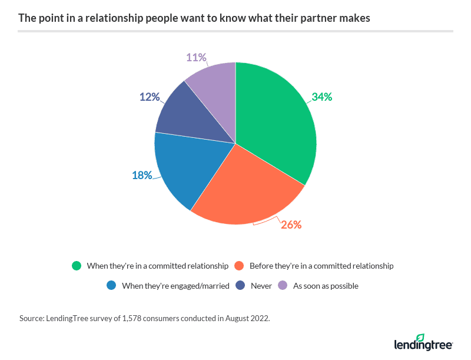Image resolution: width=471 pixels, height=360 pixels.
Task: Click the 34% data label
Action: click(322, 97)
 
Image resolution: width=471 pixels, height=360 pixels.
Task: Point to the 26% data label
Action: click(291, 224)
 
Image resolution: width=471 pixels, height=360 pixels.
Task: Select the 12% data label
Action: click(150, 96)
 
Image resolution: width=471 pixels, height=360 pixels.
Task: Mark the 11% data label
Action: click(197, 57)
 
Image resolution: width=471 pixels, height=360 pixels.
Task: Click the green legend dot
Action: click(76, 266)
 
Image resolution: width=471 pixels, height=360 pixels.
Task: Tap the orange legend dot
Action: click(239, 266)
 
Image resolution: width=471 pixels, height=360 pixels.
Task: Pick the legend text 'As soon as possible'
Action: click(326, 286)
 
